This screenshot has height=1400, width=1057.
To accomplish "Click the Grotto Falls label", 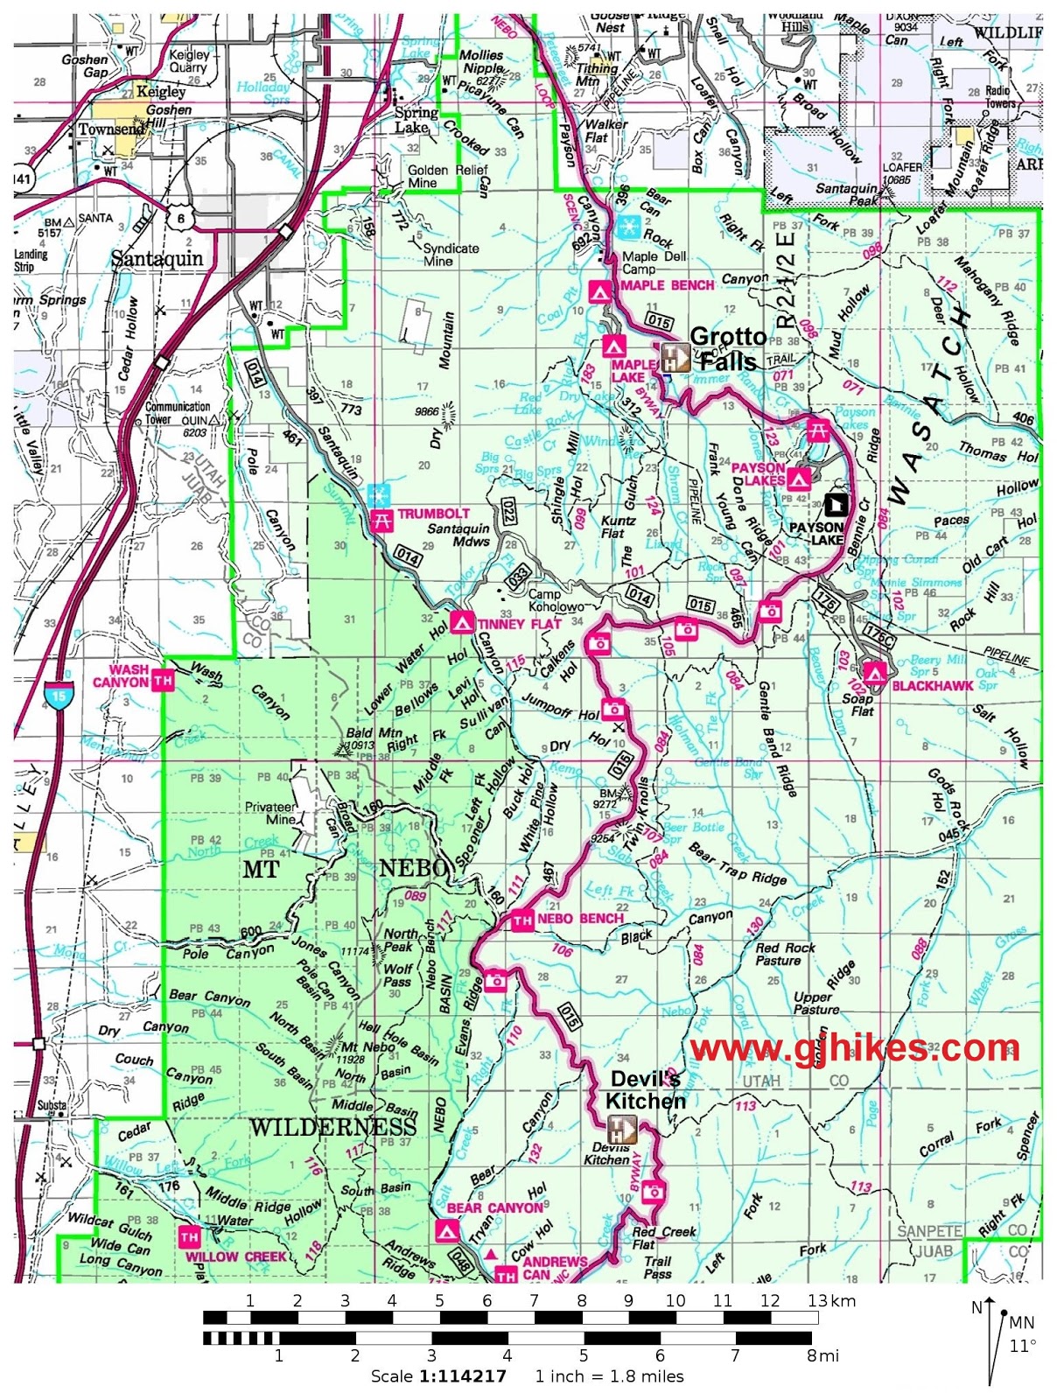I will pos(727,349).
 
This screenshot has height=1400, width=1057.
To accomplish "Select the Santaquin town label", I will pos(157,258).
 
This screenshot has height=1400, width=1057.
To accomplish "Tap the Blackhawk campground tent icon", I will pos(873,673).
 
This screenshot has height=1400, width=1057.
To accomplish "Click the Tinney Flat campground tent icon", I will pos(462,623).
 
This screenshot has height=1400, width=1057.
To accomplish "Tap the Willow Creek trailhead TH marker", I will pos(189,1237).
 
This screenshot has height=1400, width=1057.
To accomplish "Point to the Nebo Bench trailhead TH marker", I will pos(522,920).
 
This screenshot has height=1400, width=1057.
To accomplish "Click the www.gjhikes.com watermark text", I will pos(854,1047).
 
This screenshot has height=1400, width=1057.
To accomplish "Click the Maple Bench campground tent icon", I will pos(599,291).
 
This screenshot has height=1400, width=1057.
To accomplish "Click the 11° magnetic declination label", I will pos(1022,1346).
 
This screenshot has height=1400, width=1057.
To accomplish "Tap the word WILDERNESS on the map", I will pos(333,1126).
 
